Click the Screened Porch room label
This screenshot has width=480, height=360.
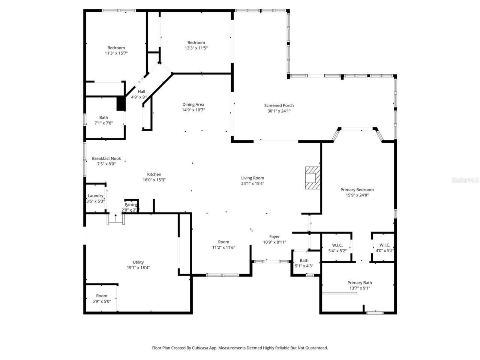coord(279,105)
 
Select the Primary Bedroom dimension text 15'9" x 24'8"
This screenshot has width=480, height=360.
coord(357,195)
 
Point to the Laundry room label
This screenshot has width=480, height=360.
coord(95,196)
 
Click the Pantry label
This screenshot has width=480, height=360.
coord(131,205)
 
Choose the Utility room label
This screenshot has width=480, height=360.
coord(138,262)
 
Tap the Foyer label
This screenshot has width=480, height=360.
coord(274,237)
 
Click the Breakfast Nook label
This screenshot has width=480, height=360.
coord(106,159)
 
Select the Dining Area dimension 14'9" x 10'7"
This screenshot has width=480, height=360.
coord(193,110)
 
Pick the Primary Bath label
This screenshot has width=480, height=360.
coord(360,283)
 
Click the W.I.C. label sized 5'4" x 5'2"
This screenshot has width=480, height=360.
coord(337,245)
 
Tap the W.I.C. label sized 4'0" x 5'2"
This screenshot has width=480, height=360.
coord(384,245)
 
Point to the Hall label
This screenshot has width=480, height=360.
coord(141,91)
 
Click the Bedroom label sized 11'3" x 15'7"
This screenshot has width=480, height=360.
coord(116,48)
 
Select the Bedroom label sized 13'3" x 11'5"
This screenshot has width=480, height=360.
coord(196,43)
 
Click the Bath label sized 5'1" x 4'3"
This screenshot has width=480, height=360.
coord(304,261)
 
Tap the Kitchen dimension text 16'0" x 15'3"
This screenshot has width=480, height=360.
coord(154,180)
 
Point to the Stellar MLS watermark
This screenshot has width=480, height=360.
coord(465,180)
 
